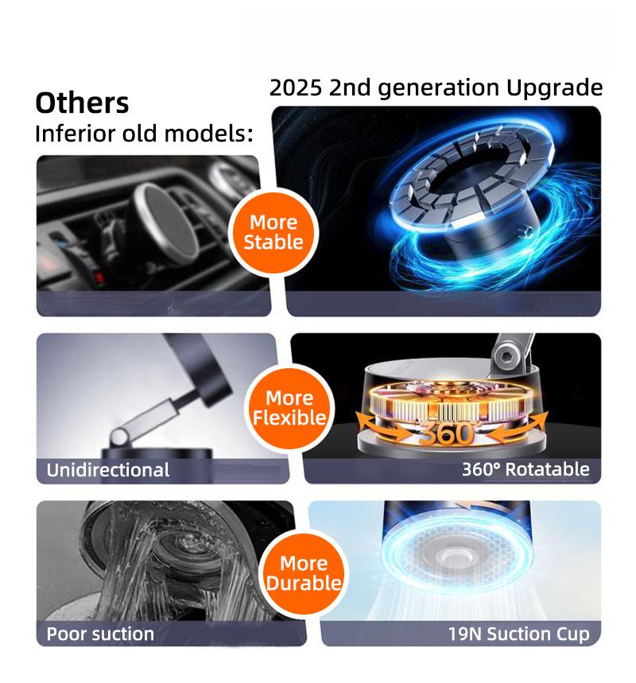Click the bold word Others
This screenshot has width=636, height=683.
pos(82,103)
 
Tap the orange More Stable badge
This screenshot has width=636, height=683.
pos(273,233)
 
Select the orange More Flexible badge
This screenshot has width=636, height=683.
pos(289,408)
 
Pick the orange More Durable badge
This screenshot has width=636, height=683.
pos(304,573)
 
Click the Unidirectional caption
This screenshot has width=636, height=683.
pos(108,470)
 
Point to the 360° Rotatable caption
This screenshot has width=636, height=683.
pos(525,469)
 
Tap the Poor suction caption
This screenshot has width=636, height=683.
pos(100,634)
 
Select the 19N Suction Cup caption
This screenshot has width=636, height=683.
pos(519,634)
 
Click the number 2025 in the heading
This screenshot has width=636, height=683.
pos(296,87)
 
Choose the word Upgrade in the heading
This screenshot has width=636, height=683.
pos(555,88)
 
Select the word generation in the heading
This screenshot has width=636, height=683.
pos(438,88)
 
